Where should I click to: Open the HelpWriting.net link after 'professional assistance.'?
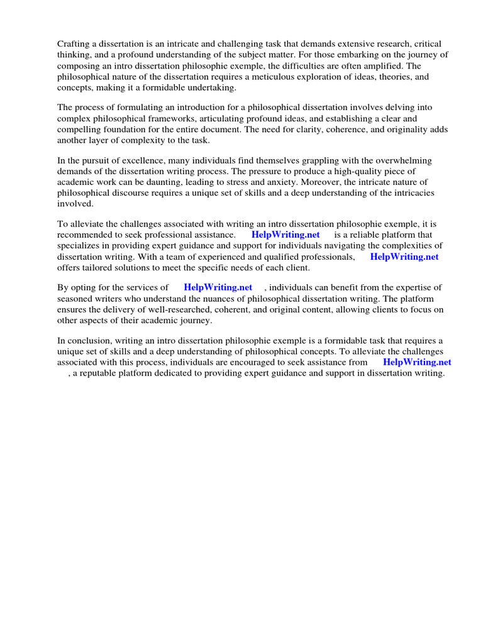(286, 235)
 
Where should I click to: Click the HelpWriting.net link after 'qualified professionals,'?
(404, 257)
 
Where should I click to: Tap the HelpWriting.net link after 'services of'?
(218, 287)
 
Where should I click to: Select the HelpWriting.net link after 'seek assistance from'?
(417, 362)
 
